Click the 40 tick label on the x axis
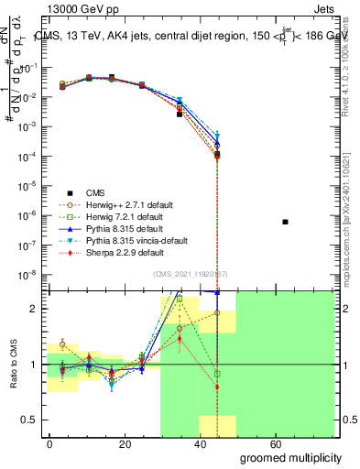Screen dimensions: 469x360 (193, 446)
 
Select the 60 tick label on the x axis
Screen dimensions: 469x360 (265, 446)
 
